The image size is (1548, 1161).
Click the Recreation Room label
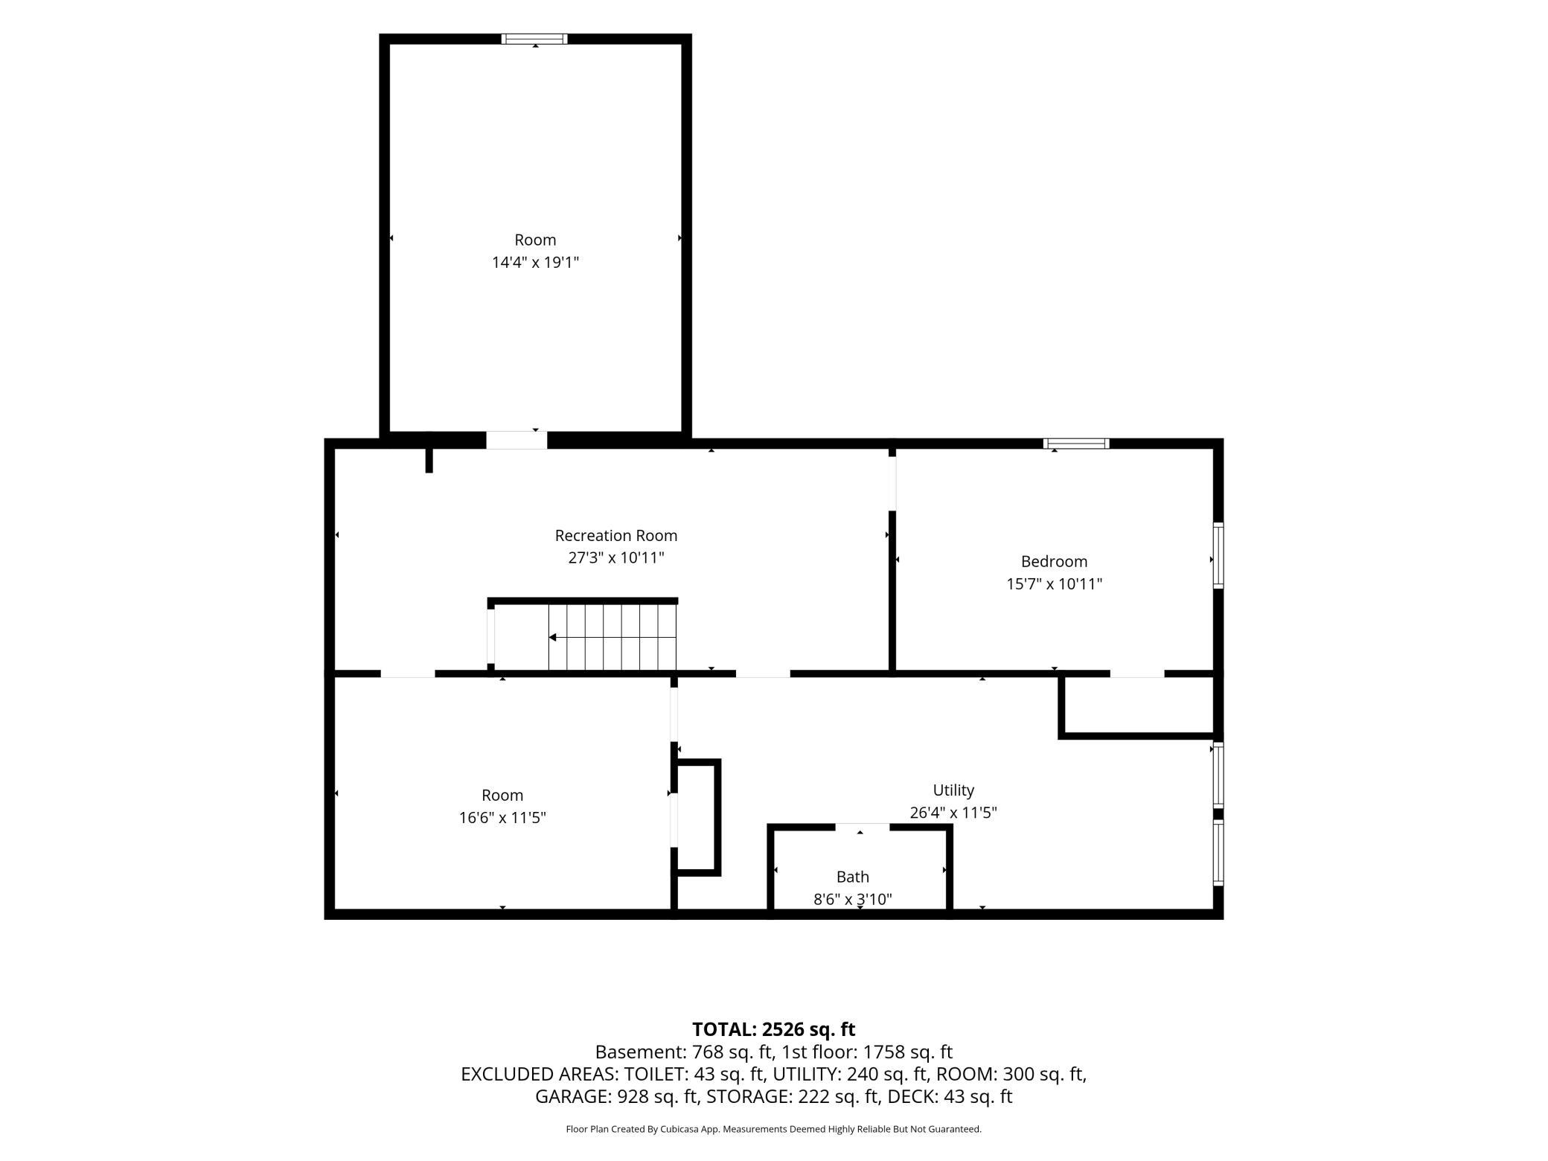pyautogui.click(x=615, y=535)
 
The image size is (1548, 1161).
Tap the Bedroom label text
pyautogui.click(x=1054, y=561)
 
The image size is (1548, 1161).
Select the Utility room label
pyautogui.click(x=953, y=790)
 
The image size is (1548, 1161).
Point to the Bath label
pyautogui.click(x=852, y=877)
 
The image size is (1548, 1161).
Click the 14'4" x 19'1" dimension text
pyautogui.click(x=535, y=262)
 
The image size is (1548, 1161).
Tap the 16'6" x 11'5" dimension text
pyautogui.click(x=502, y=817)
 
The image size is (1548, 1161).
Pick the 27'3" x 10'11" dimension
pyautogui.click(x=615, y=557)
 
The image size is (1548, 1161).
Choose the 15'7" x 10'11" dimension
pyautogui.click(x=1054, y=583)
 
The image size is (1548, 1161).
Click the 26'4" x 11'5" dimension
pyautogui.click(x=953, y=812)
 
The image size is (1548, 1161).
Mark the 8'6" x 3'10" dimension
pyautogui.click(x=852, y=899)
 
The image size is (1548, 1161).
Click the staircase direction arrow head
pyautogui.click(x=553, y=637)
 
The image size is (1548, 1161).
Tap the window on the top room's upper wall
pyautogui.click(x=534, y=39)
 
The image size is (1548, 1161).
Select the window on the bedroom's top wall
pyautogui.click(x=1076, y=444)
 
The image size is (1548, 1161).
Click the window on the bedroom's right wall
pyautogui.click(x=1218, y=556)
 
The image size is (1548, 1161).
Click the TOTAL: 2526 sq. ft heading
pyautogui.click(x=773, y=1029)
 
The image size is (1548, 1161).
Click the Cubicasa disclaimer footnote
pyautogui.click(x=773, y=1129)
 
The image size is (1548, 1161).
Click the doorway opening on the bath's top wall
pyautogui.click(x=862, y=827)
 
